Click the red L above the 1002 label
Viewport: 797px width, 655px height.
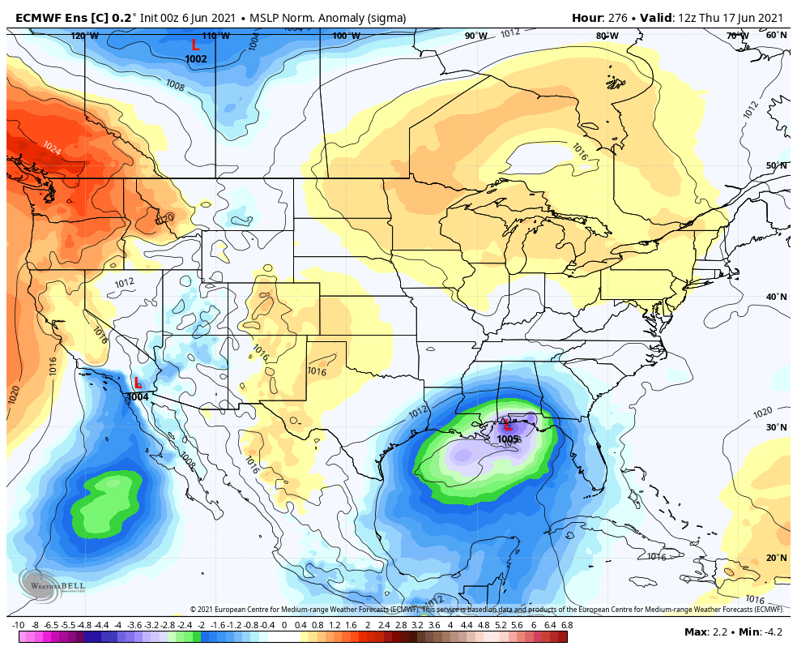pyautogui.click(x=195, y=45)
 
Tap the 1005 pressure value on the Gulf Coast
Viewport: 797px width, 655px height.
pyautogui.click(x=508, y=439)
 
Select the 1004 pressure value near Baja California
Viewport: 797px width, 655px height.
pyautogui.click(x=138, y=397)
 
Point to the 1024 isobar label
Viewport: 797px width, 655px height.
pyautogui.click(x=51, y=148)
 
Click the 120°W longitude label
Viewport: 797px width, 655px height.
pyautogui.click(x=84, y=36)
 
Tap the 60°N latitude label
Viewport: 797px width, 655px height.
pyautogui.click(x=776, y=36)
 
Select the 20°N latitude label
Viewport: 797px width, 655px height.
pyautogui.click(x=776, y=559)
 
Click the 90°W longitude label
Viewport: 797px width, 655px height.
pyautogui.click(x=476, y=36)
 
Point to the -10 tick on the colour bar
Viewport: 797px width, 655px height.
pyautogui.click(x=19, y=626)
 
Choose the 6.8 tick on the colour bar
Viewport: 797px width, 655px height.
pyautogui.click(x=567, y=626)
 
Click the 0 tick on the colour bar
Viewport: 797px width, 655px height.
pyautogui.click(x=284, y=626)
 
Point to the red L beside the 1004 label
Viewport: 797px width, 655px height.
pyautogui.click(x=138, y=383)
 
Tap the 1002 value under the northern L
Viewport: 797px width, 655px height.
pyautogui.click(x=196, y=59)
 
